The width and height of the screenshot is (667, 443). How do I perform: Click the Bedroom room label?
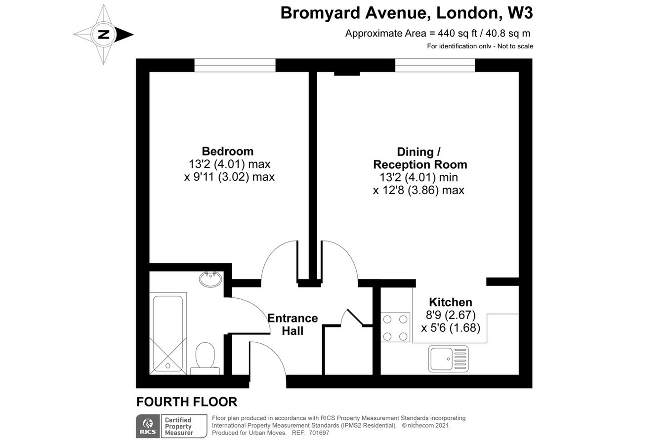point(227,151)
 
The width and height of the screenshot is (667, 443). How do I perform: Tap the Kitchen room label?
point(450,302)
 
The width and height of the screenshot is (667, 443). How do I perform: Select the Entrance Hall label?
point(292,324)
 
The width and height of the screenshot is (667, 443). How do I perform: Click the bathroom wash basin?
point(210,279)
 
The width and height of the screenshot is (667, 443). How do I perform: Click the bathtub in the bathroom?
point(168,333)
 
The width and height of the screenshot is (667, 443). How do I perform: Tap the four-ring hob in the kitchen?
point(395,327)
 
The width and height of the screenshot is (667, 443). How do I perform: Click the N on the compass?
point(104,35)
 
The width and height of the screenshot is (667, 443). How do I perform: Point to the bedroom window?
point(235,65)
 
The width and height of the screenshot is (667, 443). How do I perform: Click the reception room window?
point(435,65)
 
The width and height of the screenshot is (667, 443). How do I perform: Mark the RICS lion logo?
point(148,426)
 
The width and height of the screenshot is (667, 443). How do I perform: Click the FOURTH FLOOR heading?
point(187,402)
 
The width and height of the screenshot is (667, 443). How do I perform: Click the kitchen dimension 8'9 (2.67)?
point(450,315)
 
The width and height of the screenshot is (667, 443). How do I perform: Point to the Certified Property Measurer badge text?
point(179,426)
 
